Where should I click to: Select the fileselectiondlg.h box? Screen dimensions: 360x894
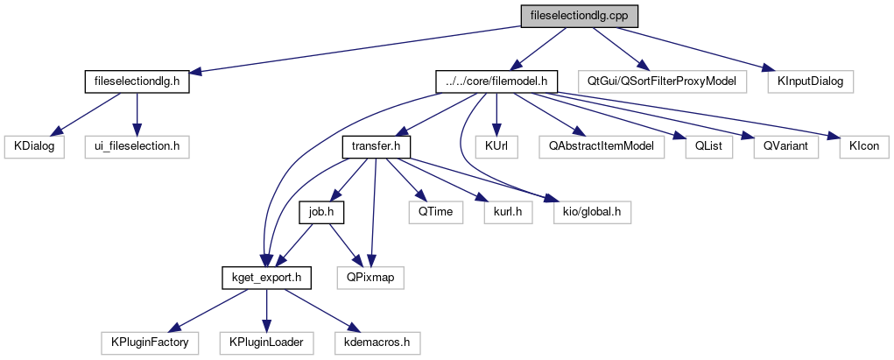[137, 81]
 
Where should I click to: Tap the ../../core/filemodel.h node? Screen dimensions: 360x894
[496, 81]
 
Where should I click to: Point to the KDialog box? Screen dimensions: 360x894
[34, 145]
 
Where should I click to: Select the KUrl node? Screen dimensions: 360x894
[496, 145]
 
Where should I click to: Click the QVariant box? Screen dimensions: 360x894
[785, 145]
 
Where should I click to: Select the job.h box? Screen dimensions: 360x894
[323, 211]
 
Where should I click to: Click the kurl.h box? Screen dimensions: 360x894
[507, 211]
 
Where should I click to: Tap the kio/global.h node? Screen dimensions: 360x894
[591, 211]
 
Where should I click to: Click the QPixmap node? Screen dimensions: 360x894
[371, 278]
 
